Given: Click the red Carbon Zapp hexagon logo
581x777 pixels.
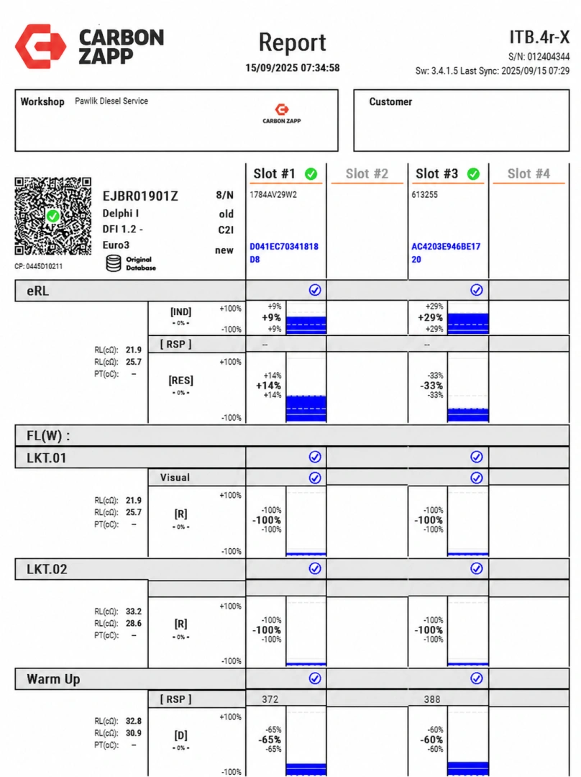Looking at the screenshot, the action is (40, 46).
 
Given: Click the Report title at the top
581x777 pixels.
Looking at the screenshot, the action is (292, 42).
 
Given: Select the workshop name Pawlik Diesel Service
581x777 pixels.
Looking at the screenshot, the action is (111, 101).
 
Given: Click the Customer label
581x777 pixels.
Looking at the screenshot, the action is (390, 101).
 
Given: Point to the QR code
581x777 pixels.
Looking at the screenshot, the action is (53, 216).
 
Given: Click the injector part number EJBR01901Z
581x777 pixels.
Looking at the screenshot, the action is (140, 196).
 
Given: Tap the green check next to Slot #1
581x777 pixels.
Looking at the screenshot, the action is (311, 174).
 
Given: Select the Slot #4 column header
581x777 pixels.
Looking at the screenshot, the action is (529, 173).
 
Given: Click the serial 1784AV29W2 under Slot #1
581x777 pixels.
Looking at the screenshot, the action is (273, 195).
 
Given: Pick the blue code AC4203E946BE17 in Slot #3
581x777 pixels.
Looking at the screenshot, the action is (446, 246).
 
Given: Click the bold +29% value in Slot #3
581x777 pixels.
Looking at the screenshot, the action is (430, 318).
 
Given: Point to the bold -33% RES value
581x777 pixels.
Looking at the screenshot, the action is (431, 386).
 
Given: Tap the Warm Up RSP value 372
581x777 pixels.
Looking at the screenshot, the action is (270, 699).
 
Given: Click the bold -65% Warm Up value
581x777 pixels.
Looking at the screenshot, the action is (270, 740).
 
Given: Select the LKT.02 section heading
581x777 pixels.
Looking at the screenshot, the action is (47, 569).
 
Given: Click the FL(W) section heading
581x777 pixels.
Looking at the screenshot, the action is (48, 436).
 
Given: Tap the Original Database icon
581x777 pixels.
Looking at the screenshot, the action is (114, 263).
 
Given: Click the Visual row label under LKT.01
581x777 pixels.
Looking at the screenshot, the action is (175, 477).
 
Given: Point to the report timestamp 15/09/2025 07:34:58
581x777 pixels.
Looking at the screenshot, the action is (292, 68).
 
